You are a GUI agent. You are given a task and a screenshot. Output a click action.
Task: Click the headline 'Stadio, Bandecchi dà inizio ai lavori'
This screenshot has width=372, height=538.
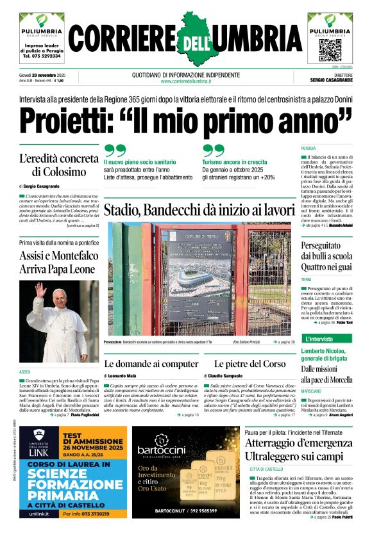(199, 209)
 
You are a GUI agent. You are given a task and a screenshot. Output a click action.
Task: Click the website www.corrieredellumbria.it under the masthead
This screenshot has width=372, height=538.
(185, 81)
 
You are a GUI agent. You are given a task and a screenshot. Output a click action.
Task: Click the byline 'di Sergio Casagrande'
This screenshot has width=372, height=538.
(42, 186)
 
